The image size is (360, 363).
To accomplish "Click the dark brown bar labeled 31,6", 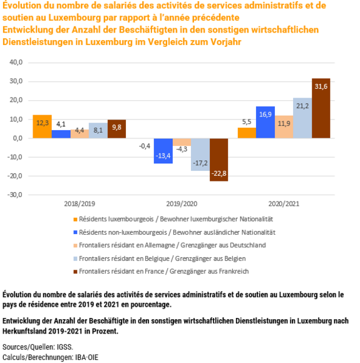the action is (321, 108).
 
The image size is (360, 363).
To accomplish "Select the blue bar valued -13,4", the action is (163, 151).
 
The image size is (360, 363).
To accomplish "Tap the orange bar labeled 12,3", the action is (42, 126).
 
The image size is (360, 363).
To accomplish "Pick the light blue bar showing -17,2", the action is (200, 155).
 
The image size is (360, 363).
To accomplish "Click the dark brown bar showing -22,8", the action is (219, 160).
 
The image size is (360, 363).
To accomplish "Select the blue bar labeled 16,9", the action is (265, 122).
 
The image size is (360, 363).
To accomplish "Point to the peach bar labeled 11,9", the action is (284, 127).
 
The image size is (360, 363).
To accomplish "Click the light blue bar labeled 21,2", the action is (302, 118).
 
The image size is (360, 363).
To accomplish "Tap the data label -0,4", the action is (145, 146).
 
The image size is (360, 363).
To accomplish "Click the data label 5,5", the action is (247, 122).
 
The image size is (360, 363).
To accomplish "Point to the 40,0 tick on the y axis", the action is (16, 63).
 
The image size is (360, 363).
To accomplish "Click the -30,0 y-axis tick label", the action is (15, 195).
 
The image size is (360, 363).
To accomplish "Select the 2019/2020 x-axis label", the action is (182, 204).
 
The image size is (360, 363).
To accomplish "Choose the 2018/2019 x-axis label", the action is (80, 204).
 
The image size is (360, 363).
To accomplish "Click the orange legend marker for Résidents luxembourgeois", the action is (75, 220).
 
